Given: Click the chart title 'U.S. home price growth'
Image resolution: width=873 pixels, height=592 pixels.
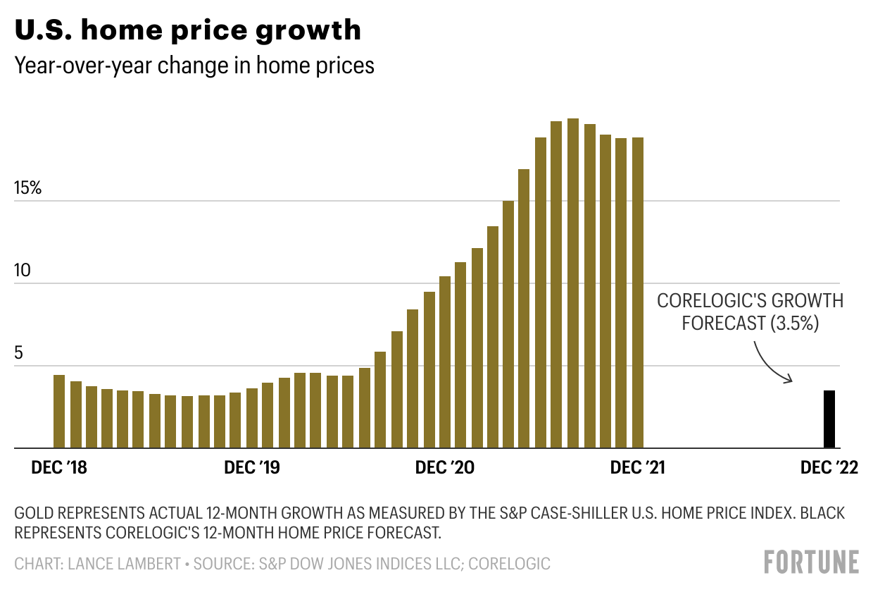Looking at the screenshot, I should (188, 30).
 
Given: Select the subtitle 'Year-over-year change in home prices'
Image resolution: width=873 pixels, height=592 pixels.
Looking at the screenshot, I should (194, 66).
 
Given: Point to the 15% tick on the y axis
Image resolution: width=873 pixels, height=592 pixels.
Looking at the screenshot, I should (28, 189).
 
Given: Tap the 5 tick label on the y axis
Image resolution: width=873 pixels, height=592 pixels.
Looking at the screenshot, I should (19, 354).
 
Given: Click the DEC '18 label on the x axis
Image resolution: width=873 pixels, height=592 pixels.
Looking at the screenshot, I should (59, 469).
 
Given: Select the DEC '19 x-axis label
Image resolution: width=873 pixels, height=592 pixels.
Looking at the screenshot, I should (251, 469).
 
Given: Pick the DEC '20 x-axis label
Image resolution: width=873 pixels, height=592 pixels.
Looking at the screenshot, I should (444, 469).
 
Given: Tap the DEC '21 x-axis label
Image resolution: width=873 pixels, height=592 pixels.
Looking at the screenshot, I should (636, 469).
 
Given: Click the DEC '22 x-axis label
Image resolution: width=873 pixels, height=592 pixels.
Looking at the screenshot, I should (829, 469).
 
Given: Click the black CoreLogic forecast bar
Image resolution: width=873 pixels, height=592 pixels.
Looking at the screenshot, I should (829, 419).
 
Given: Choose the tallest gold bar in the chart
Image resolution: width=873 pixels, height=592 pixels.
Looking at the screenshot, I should (572, 283).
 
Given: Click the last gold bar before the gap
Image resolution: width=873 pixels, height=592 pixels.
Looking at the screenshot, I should (637, 292).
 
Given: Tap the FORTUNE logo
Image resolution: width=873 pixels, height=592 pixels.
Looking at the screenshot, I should (811, 562).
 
